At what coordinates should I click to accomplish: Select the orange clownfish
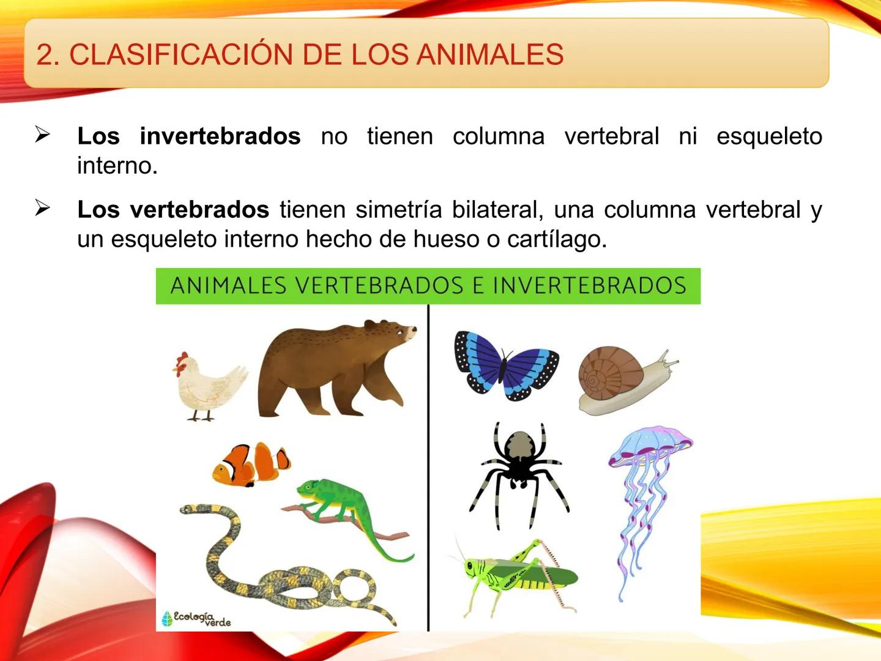(x=251, y=464)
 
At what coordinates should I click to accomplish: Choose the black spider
(x=519, y=465)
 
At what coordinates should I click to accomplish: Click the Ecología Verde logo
(x=196, y=618)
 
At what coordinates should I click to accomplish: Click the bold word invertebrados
(x=220, y=136)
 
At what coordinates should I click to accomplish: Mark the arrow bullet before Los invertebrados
(x=42, y=134)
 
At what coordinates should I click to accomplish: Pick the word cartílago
(x=557, y=239)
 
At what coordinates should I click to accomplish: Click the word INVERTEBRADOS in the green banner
(x=589, y=286)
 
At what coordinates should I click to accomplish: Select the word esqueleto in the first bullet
(x=769, y=136)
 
